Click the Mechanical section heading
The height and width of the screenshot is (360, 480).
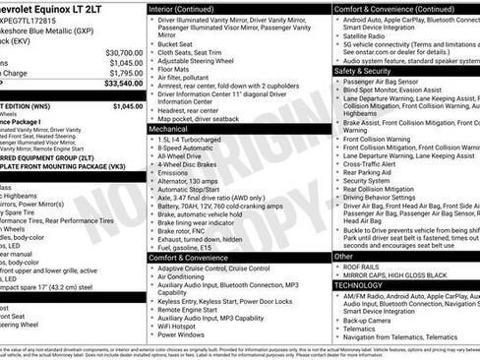click(168, 128)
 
